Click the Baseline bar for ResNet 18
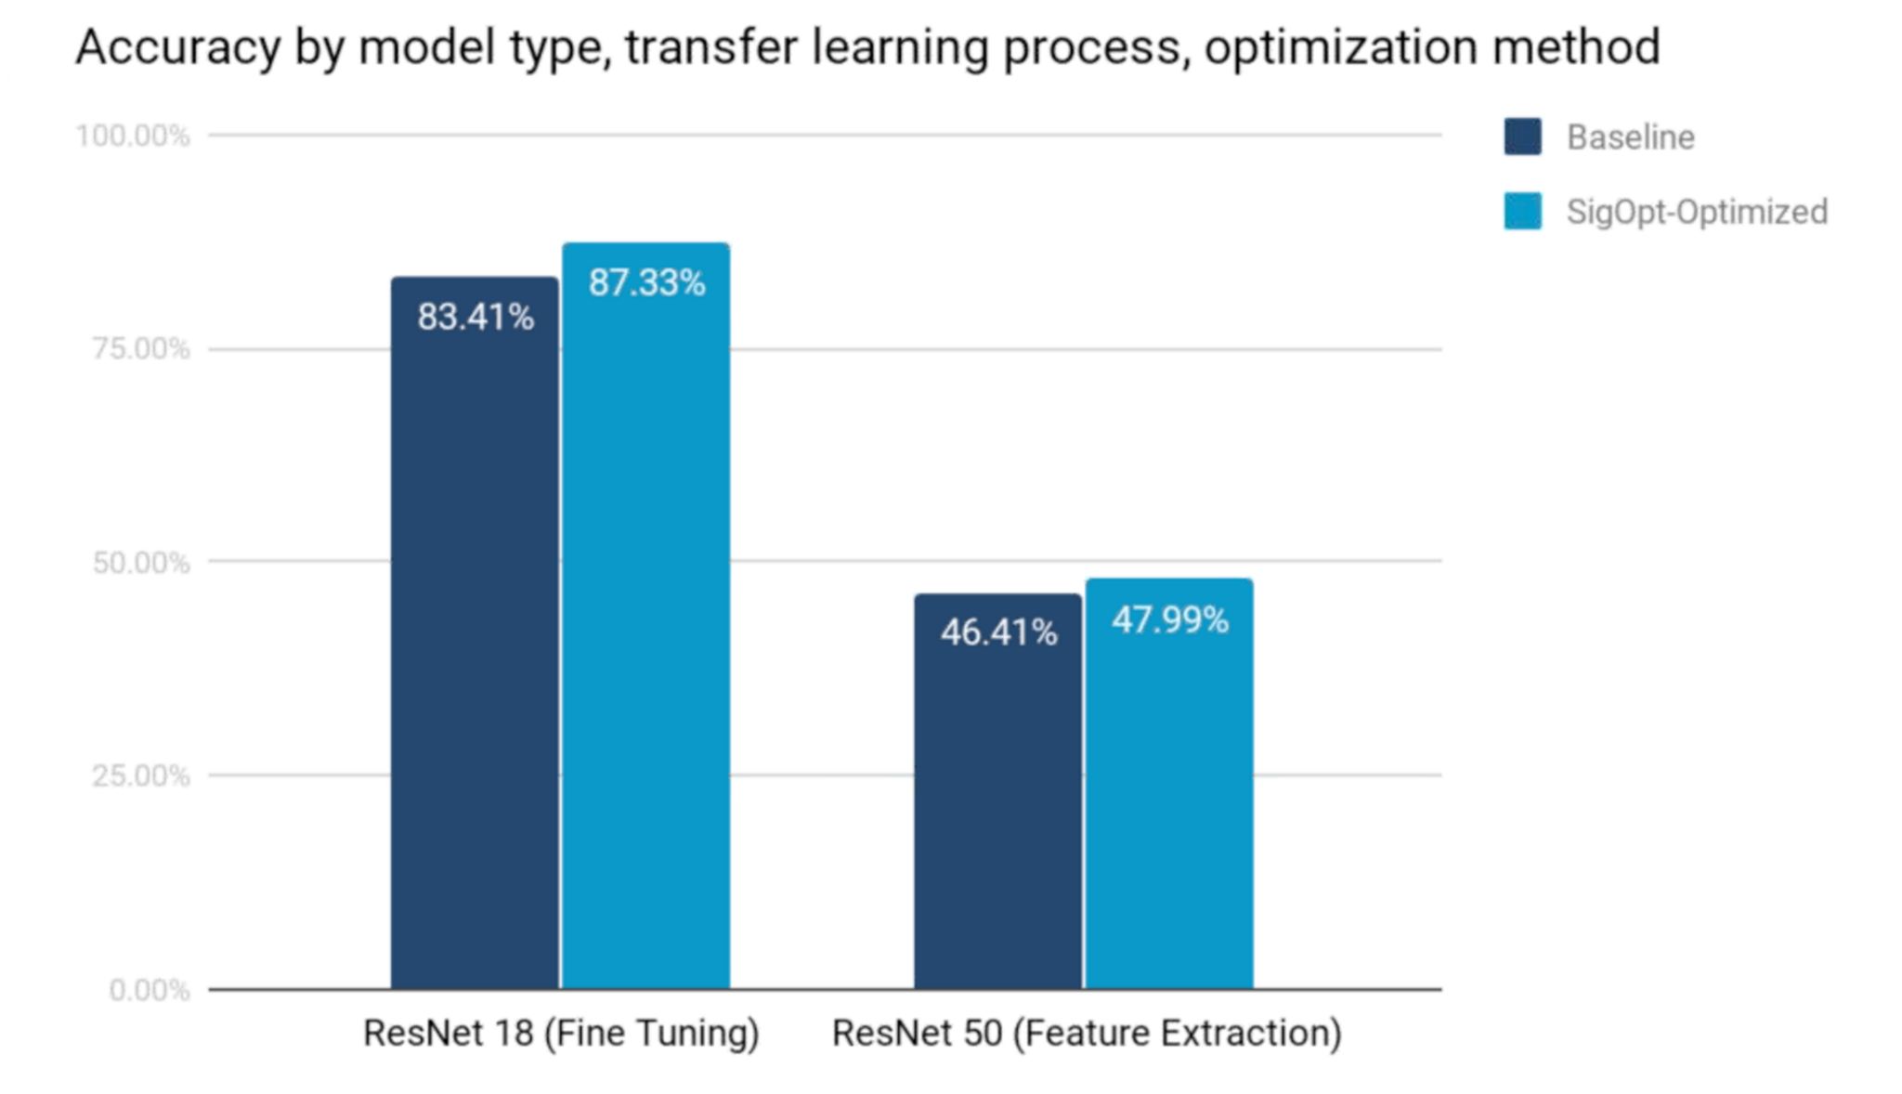(x=475, y=650)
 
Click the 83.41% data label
(x=475, y=318)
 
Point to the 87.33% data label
(x=646, y=283)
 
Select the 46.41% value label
(x=998, y=633)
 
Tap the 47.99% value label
(x=1170, y=620)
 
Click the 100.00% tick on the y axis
(x=133, y=137)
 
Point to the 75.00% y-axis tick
(x=140, y=349)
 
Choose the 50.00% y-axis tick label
(x=140, y=563)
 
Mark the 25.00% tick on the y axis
(x=140, y=775)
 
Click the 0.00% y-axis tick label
(x=149, y=990)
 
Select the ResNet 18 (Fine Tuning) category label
(x=561, y=1034)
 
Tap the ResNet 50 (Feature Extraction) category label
(x=1087, y=1034)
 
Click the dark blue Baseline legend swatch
(x=1522, y=137)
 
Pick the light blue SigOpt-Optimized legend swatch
(x=1522, y=211)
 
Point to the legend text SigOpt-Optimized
(x=1697, y=212)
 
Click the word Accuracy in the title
(x=177, y=48)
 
